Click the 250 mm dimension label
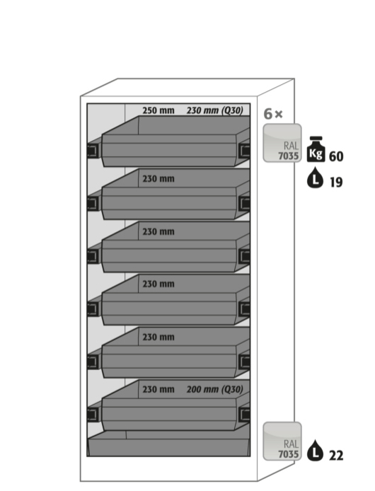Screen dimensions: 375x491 [158, 110]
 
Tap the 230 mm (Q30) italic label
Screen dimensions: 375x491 [215, 110]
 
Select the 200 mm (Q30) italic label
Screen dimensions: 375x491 [215, 389]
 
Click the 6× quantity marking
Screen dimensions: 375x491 [273, 114]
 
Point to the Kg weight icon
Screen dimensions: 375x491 [316, 149]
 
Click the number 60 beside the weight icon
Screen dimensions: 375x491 [336, 156]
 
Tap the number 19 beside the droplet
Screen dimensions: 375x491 [336, 182]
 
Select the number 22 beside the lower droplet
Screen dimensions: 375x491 [336, 456]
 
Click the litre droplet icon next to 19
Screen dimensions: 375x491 [315, 178]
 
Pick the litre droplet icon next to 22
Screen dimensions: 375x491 [315, 451]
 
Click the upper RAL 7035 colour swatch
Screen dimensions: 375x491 [282, 143]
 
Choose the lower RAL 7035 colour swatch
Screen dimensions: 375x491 [282, 441]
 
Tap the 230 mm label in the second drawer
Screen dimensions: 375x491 [158, 179]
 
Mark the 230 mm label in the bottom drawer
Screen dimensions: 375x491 [158, 389]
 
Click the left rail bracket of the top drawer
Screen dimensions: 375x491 [93, 151]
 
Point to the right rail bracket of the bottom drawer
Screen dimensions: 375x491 [244, 415]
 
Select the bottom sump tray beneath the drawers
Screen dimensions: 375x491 [169, 443]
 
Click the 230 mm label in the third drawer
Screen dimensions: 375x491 [158, 232]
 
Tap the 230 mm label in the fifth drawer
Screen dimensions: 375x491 [158, 337]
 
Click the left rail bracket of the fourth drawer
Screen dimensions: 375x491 [93, 309]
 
